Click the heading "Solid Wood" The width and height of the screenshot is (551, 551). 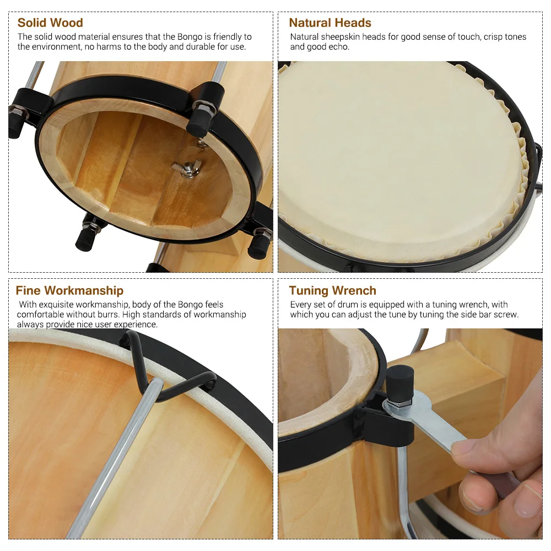click(x=50, y=23)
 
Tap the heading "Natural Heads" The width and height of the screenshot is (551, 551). click(x=330, y=23)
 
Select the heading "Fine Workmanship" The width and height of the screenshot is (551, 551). click(x=69, y=290)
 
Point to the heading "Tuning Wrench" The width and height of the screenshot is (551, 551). click(x=332, y=290)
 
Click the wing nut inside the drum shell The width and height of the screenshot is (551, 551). click(x=187, y=168)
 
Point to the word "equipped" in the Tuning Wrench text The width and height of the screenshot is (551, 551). click(x=385, y=305)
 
